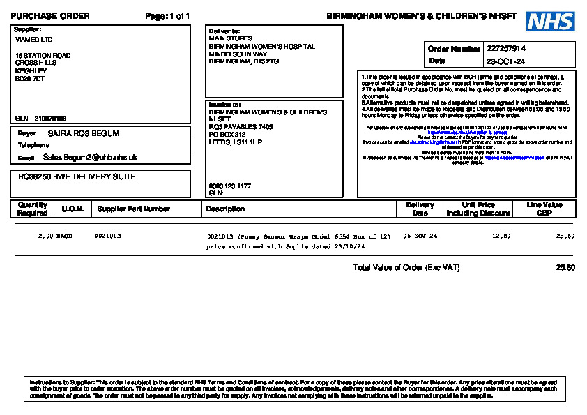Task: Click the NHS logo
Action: (x=550, y=22)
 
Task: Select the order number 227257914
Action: (x=506, y=49)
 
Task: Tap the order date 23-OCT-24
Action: (x=506, y=61)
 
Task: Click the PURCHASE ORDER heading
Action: (x=50, y=16)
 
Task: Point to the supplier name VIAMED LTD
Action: (x=33, y=40)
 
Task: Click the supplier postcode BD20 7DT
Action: (x=30, y=79)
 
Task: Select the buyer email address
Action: (x=90, y=158)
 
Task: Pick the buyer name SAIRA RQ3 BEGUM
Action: (x=84, y=133)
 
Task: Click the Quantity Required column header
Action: (x=33, y=209)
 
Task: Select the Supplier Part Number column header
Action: (x=133, y=209)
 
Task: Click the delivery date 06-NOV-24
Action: (x=420, y=236)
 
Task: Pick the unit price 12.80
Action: (x=501, y=236)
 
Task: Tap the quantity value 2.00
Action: (x=45, y=236)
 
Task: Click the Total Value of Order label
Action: (x=406, y=268)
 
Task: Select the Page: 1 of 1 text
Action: (x=167, y=16)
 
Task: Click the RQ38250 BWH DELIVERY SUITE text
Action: (x=77, y=177)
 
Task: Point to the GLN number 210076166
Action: (x=50, y=119)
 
